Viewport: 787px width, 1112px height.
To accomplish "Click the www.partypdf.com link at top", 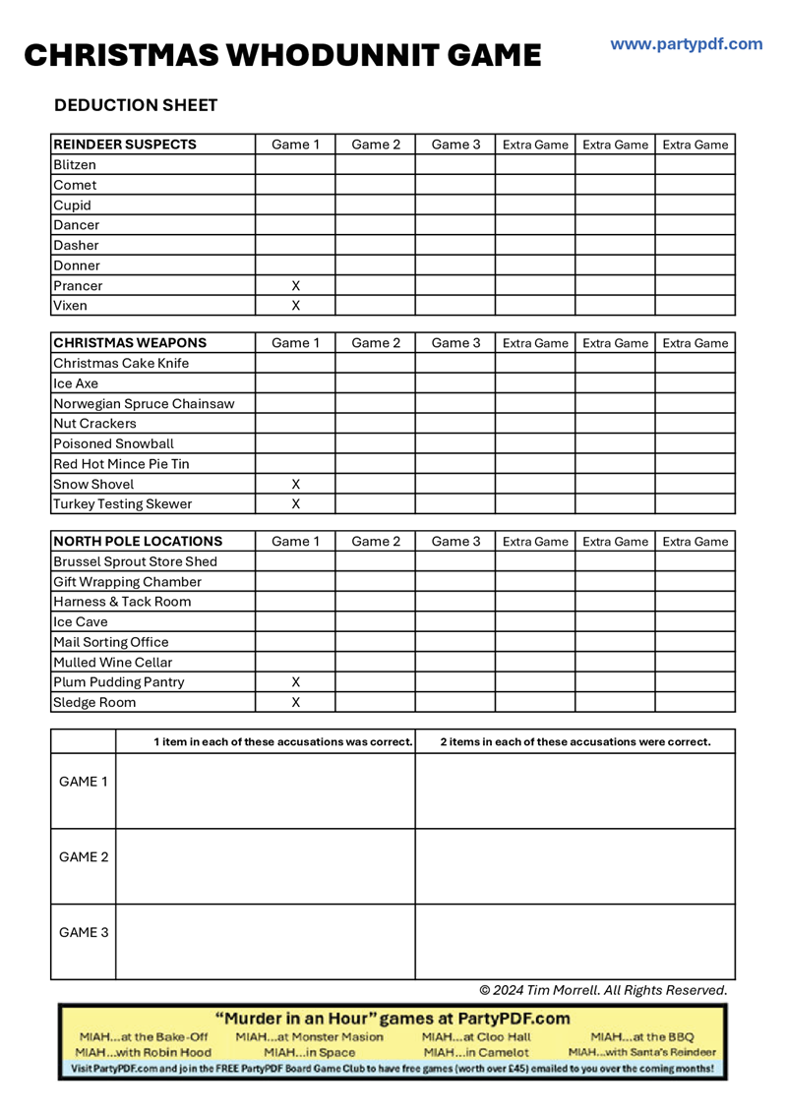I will (x=686, y=44).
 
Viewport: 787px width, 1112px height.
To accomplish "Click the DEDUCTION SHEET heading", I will (x=136, y=105).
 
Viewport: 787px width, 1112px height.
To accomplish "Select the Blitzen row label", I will (x=75, y=165).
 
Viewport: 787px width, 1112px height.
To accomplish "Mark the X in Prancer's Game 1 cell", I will (x=295, y=285).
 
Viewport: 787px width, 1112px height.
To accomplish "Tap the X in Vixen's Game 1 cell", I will (x=295, y=306).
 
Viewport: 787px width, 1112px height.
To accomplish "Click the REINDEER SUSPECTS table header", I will (x=125, y=145).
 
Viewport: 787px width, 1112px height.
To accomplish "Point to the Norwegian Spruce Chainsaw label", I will (x=144, y=403).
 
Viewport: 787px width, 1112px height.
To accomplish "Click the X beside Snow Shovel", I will (x=295, y=484).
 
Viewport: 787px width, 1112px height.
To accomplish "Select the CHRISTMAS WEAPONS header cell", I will (x=130, y=343).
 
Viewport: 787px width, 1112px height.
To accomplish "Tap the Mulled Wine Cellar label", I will (x=113, y=662).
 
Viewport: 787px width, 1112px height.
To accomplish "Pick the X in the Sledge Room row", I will (x=295, y=702).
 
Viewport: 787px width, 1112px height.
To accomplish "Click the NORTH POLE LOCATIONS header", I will (x=138, y=542).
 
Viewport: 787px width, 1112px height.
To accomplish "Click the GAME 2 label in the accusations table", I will (x=84, y=856).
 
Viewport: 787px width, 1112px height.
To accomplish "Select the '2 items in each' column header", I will (x=575, y=741).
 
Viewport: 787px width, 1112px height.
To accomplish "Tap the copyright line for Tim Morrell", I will (x=603, y=989).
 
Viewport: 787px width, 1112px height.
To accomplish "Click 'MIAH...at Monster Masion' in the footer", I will (x=310, y=1036).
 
